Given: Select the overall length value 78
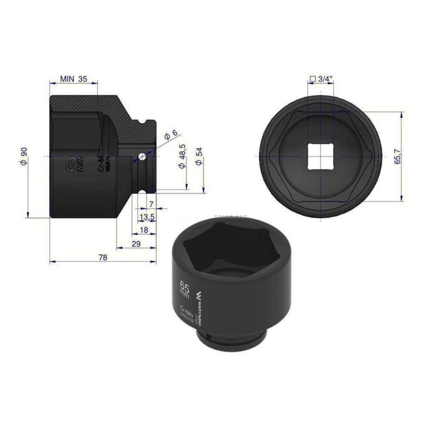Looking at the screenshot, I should tap(103, 257).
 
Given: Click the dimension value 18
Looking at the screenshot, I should tap(143, 229).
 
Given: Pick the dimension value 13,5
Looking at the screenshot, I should tap(146, 217).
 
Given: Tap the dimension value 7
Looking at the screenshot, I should tap(151, 204).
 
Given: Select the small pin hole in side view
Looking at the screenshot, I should tap(141, 156).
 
